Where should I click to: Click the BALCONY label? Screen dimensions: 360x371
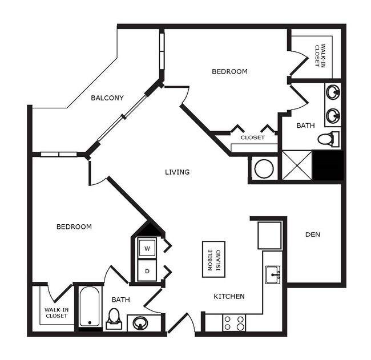(x=107, y=98)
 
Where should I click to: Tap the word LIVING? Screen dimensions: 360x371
(x=177, y=172)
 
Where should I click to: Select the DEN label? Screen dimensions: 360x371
(x=312, y=234)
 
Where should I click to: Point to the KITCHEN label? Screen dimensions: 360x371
(x=229, y=296)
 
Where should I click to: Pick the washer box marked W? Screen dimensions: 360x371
(x=147, y=249)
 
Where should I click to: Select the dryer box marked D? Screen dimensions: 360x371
(x=147, y=271)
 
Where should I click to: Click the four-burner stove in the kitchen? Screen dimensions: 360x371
(x=233, y=323)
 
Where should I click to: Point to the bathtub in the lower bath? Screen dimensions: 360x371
(x=90, y=307)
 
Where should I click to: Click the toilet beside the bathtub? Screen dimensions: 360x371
(x=114, y=318)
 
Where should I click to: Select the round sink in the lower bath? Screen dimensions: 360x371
(x=140, y=323)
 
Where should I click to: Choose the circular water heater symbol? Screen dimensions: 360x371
(x=264, y=168)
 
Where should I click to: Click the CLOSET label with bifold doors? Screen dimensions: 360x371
(x=252, y=137)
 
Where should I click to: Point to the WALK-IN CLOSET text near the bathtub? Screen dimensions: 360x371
(x=56, y=313)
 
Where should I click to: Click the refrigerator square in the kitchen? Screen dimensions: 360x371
(x=269, y=235)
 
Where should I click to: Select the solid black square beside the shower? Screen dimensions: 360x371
(x=328, y=165)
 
